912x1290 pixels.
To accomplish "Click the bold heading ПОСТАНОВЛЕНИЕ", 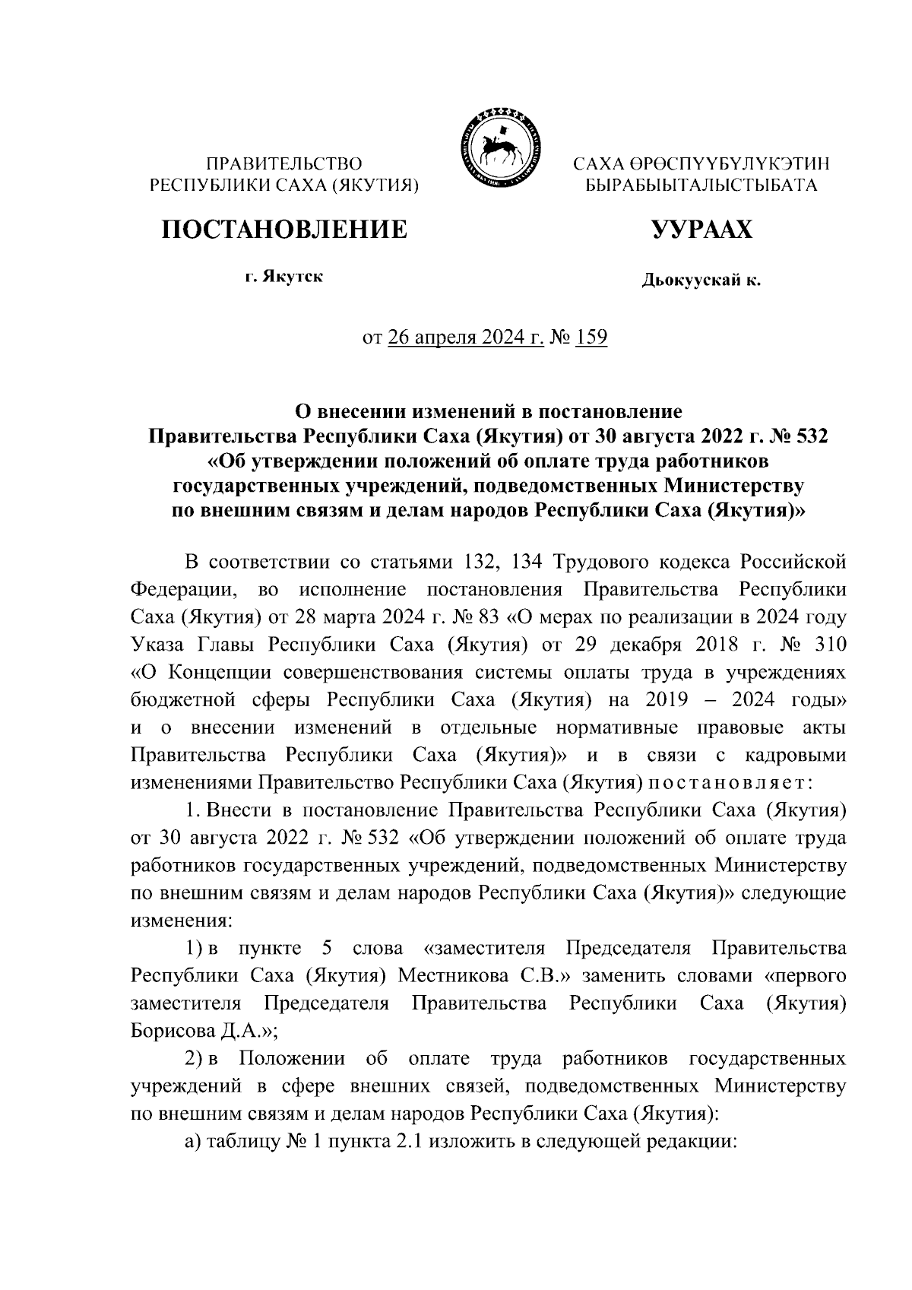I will (283, 228).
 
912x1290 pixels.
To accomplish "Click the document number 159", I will (591, 337).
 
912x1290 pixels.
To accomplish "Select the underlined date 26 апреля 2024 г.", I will (465, 337).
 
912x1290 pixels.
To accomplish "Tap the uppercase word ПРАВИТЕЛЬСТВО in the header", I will (284, 163).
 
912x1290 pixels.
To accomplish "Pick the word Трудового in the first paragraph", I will (598, 562).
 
